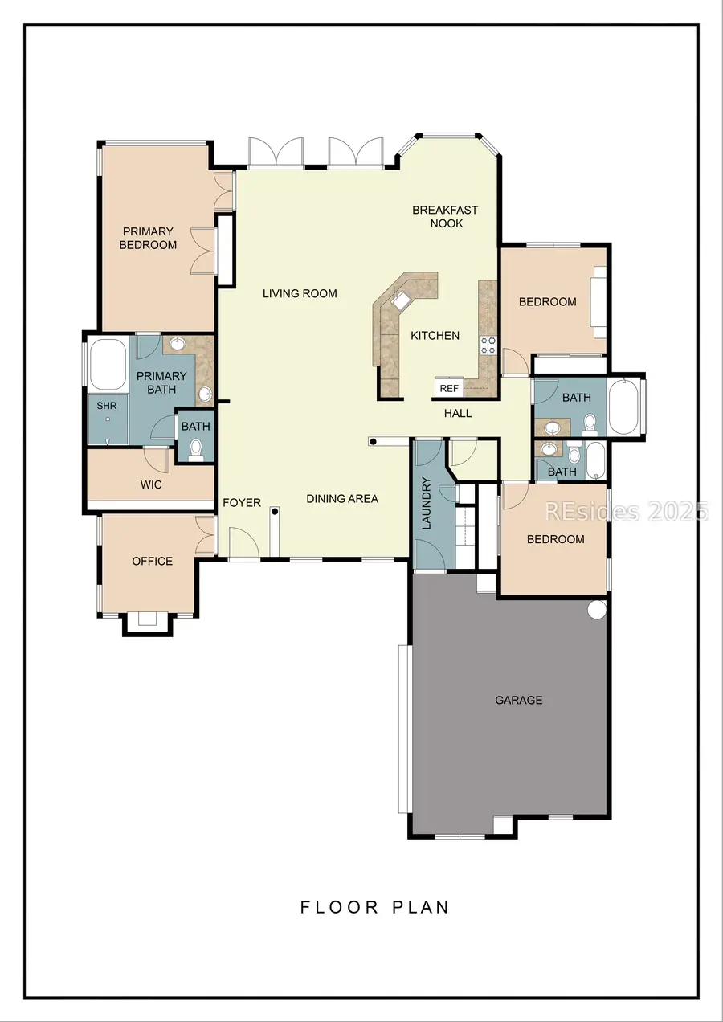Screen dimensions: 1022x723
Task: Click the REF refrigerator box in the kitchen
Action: point(449,388)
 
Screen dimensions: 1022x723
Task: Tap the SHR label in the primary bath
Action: point(107,406)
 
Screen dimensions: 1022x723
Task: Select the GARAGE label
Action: point(518,700)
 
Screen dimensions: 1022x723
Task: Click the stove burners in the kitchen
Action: point(488,345)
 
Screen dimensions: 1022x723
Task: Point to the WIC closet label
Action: point(151,484)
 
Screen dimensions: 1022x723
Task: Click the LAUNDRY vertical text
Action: point(427,504)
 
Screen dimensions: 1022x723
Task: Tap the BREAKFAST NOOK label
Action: point(445,216)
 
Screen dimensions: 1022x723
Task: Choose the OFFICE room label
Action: point(153,561)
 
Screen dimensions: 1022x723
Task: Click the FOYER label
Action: point(242,503)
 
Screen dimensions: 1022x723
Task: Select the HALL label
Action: point(458,413)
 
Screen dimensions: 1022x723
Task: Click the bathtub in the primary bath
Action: point(108,364)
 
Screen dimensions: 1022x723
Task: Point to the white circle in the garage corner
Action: point(597,610)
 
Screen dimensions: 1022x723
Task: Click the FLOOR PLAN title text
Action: point(374,907)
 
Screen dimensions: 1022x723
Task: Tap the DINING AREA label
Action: point(342,498)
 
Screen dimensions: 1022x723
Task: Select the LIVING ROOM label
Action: point(300,293)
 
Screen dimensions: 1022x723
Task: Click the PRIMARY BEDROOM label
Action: point(148,238)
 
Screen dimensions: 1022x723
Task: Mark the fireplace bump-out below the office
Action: point(146,620)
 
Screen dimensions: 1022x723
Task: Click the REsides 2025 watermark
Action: point(626,511)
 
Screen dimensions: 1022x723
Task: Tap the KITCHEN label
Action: point(435,335)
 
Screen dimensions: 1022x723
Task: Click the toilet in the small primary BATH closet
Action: point(196,449)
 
